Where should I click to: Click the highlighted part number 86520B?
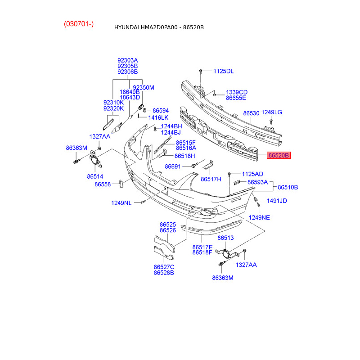279,156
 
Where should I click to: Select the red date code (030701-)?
79,24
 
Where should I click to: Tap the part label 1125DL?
224,71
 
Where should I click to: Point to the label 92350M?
144,88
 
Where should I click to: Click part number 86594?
161,110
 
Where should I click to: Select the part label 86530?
251,113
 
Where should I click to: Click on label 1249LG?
272,112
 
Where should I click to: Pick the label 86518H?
185,156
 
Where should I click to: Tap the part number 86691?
172,166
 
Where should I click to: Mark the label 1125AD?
252,174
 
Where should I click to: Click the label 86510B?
288,187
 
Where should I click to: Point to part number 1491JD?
277,201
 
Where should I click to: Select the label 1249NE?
260,217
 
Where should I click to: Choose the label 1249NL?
121,203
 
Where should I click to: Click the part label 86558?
102,184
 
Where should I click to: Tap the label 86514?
95,177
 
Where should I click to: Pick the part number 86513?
226,238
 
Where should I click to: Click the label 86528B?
164,273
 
